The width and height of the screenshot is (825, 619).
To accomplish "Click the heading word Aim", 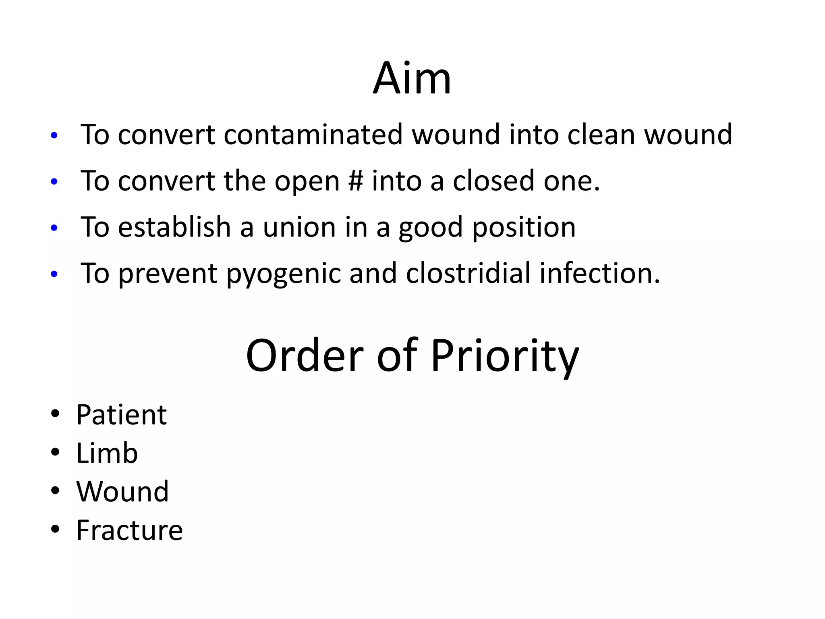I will [x=412, y=78].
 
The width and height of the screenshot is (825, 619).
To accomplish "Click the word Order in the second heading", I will [x=305, y=355].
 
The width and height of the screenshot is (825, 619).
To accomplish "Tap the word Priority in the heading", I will [x=505, y=356].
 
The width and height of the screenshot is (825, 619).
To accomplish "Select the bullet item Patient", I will [x=121, y=415].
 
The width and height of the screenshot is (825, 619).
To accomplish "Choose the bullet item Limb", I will [x=107, y=453].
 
